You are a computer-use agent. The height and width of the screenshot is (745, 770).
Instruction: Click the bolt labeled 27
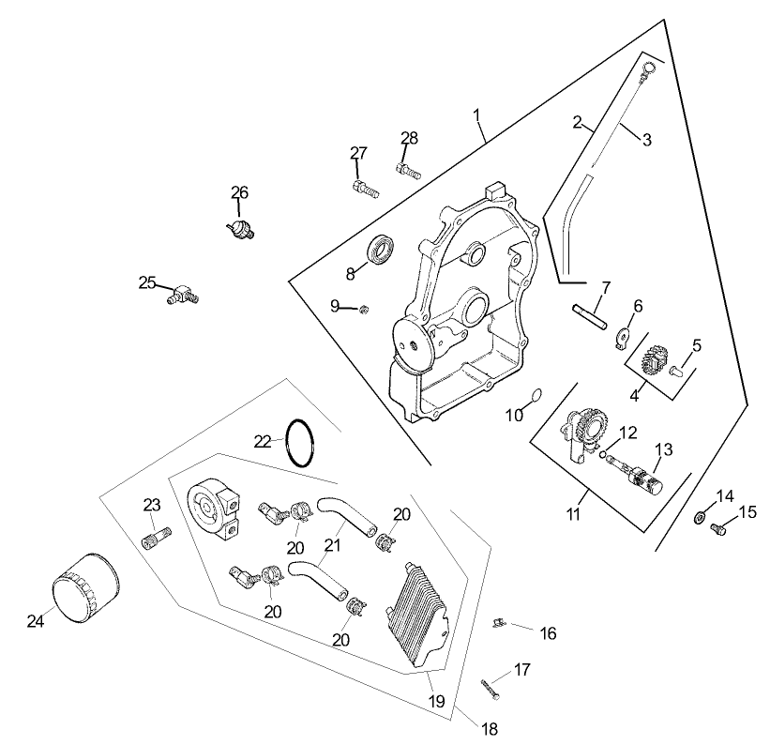pos(365,188)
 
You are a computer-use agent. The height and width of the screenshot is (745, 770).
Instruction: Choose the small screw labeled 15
pos(720,529)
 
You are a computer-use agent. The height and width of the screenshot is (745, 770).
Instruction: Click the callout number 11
pos(573,513)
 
